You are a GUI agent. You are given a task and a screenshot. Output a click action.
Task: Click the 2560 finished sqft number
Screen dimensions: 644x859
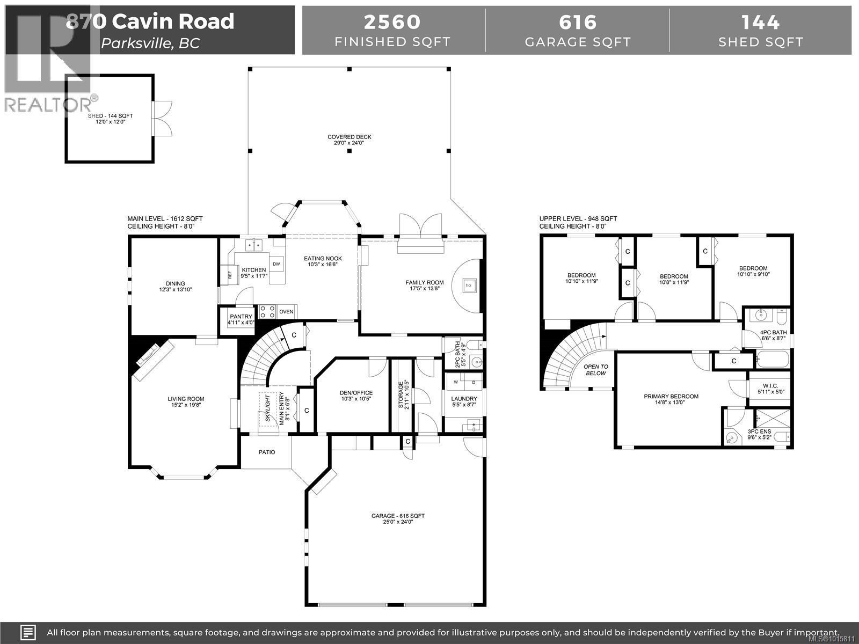392,22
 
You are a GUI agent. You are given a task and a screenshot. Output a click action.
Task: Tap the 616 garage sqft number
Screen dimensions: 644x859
578,22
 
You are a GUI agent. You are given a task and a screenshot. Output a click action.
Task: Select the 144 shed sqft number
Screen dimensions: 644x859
760,22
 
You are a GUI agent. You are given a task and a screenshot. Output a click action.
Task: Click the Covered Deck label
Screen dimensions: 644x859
350,137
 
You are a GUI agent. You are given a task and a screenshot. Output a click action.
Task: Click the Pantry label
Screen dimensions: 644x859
241,317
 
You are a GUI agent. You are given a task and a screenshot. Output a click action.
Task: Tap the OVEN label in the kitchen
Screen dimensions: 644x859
286,312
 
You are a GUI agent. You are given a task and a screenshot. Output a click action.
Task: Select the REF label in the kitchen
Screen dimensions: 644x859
230,275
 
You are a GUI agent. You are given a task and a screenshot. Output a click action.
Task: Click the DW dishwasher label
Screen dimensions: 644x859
276,264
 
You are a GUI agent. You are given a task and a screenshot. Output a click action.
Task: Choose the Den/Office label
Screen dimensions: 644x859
356,393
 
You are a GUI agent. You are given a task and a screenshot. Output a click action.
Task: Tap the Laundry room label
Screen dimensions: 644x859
464,399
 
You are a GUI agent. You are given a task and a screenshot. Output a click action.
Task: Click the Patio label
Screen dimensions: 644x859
267,452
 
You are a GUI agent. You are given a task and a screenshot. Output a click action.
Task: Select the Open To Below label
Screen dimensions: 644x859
596,370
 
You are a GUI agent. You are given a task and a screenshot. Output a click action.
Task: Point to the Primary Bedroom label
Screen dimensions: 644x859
671,397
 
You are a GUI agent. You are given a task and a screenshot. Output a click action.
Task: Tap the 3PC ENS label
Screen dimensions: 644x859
759,431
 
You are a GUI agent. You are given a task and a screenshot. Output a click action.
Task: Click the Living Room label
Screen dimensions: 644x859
186,399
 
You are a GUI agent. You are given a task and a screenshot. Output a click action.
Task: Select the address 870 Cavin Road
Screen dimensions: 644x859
150,21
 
